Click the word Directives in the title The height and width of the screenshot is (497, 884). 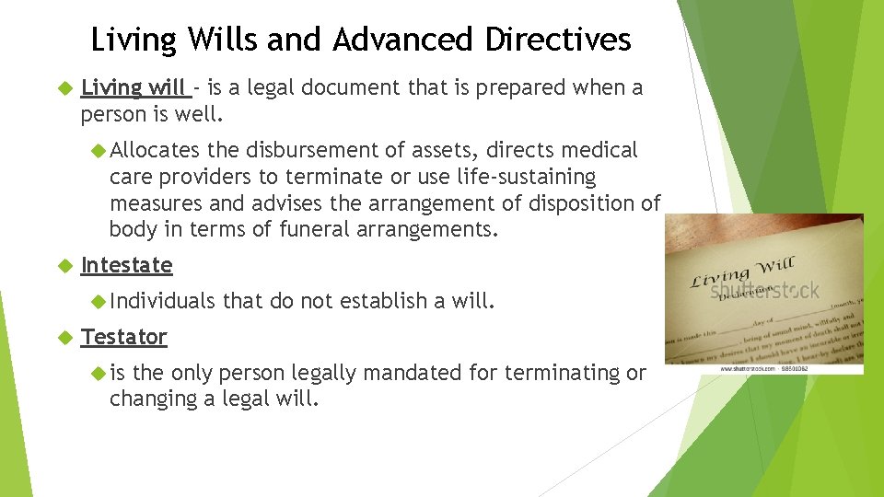pos(558,40)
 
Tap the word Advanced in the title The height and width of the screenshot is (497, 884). pos(405,40)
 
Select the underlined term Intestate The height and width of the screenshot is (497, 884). pos(126,265)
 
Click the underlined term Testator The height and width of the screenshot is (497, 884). pos(123,337)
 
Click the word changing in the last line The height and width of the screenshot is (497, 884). pos(154,399)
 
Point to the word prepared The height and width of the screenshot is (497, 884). pos(526,88)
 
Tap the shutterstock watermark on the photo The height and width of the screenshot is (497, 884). pos(763,290)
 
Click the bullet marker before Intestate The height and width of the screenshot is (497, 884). pos(64,265)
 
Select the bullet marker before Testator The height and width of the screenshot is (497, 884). pos(64,337)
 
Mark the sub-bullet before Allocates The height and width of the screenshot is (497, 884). pos(99,150)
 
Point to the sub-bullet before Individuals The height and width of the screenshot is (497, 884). pos(99,301)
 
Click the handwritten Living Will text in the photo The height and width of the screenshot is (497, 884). pos(741,272)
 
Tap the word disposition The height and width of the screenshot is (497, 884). pos(585,202)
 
